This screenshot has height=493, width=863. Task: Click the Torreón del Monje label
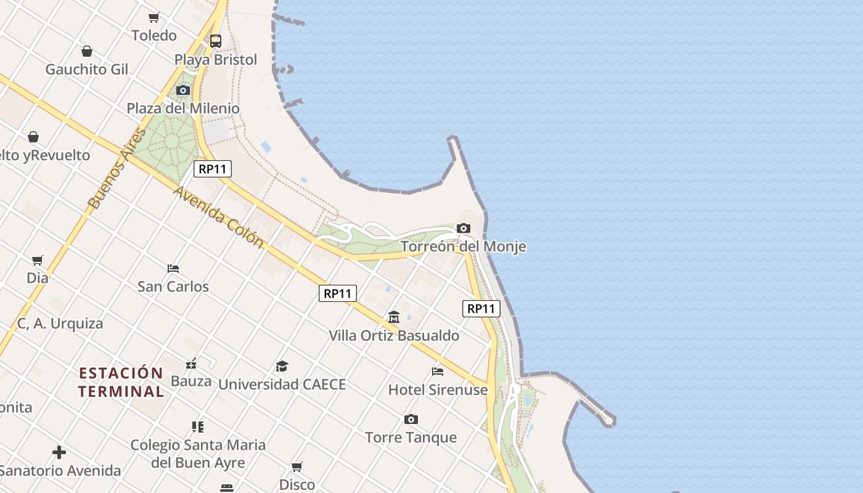tap(464, 246)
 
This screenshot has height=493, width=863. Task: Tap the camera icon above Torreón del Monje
tap(464, 229)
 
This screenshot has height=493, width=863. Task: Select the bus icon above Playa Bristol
tap(215, 41)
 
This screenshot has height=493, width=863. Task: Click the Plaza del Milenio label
tap(183, 108)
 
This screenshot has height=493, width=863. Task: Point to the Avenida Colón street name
tap(218, 217)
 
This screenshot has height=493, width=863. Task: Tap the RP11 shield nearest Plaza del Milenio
tap(213, 169)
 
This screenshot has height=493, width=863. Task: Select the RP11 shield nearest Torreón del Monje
tap(481, 309)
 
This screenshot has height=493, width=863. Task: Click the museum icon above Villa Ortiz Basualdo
tap(394, 317)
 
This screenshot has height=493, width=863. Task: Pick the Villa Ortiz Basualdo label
tap(394, 336)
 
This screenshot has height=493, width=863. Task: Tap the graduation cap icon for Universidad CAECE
tap(282, 366)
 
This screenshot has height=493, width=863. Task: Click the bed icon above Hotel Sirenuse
tap(438, 371)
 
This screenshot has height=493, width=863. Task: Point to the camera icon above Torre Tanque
tap(411, 420)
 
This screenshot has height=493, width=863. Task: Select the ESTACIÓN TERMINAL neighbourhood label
tap(121, 382)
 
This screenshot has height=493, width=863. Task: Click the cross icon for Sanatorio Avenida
tap(59, 453)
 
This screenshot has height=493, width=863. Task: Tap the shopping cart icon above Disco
tap(297, 467)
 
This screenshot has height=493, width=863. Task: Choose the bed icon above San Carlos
tap(173, 269)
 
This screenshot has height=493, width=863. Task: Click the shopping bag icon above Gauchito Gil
tap(87, 51)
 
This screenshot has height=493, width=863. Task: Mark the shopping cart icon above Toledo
tap(154, 17)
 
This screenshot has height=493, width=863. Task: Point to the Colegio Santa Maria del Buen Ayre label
tap(198, 454)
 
